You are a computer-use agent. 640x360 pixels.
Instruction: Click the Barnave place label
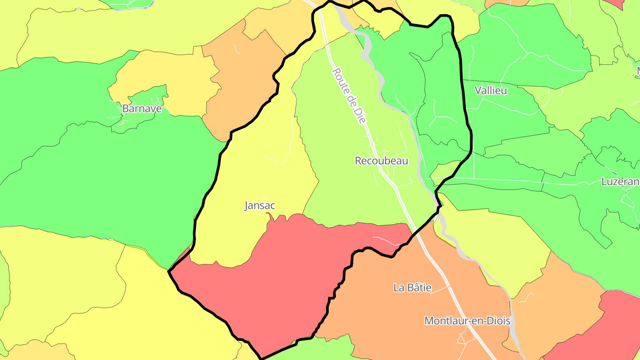142,108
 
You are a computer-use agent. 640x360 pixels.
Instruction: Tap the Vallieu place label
491,90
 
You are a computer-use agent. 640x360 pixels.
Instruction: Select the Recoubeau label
381,160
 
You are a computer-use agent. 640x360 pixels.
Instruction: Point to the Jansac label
260,205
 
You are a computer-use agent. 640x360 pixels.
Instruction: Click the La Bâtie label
412,288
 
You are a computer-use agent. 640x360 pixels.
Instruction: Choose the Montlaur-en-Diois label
467,320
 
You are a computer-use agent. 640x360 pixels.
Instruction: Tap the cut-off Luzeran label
620,181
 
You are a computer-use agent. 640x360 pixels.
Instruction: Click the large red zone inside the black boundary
284,276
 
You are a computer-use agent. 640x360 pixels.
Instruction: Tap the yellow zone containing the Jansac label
249,178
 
